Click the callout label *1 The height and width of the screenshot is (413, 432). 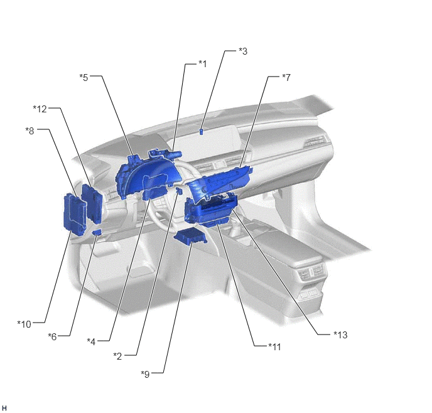click(202, 64)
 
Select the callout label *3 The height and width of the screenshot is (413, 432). click(243, 51)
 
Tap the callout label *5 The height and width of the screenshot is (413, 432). click(84, 77)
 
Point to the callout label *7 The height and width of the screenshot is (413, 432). click(286, 77)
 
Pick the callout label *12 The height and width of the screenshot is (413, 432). click(40, 109)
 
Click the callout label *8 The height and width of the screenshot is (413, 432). click(30, 131)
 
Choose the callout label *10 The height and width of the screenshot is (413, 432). click(24, 324)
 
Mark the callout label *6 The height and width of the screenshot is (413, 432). click(52, 336)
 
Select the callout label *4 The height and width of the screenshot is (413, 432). click(91, 341)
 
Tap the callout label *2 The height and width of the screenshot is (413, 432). click(117, 356)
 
